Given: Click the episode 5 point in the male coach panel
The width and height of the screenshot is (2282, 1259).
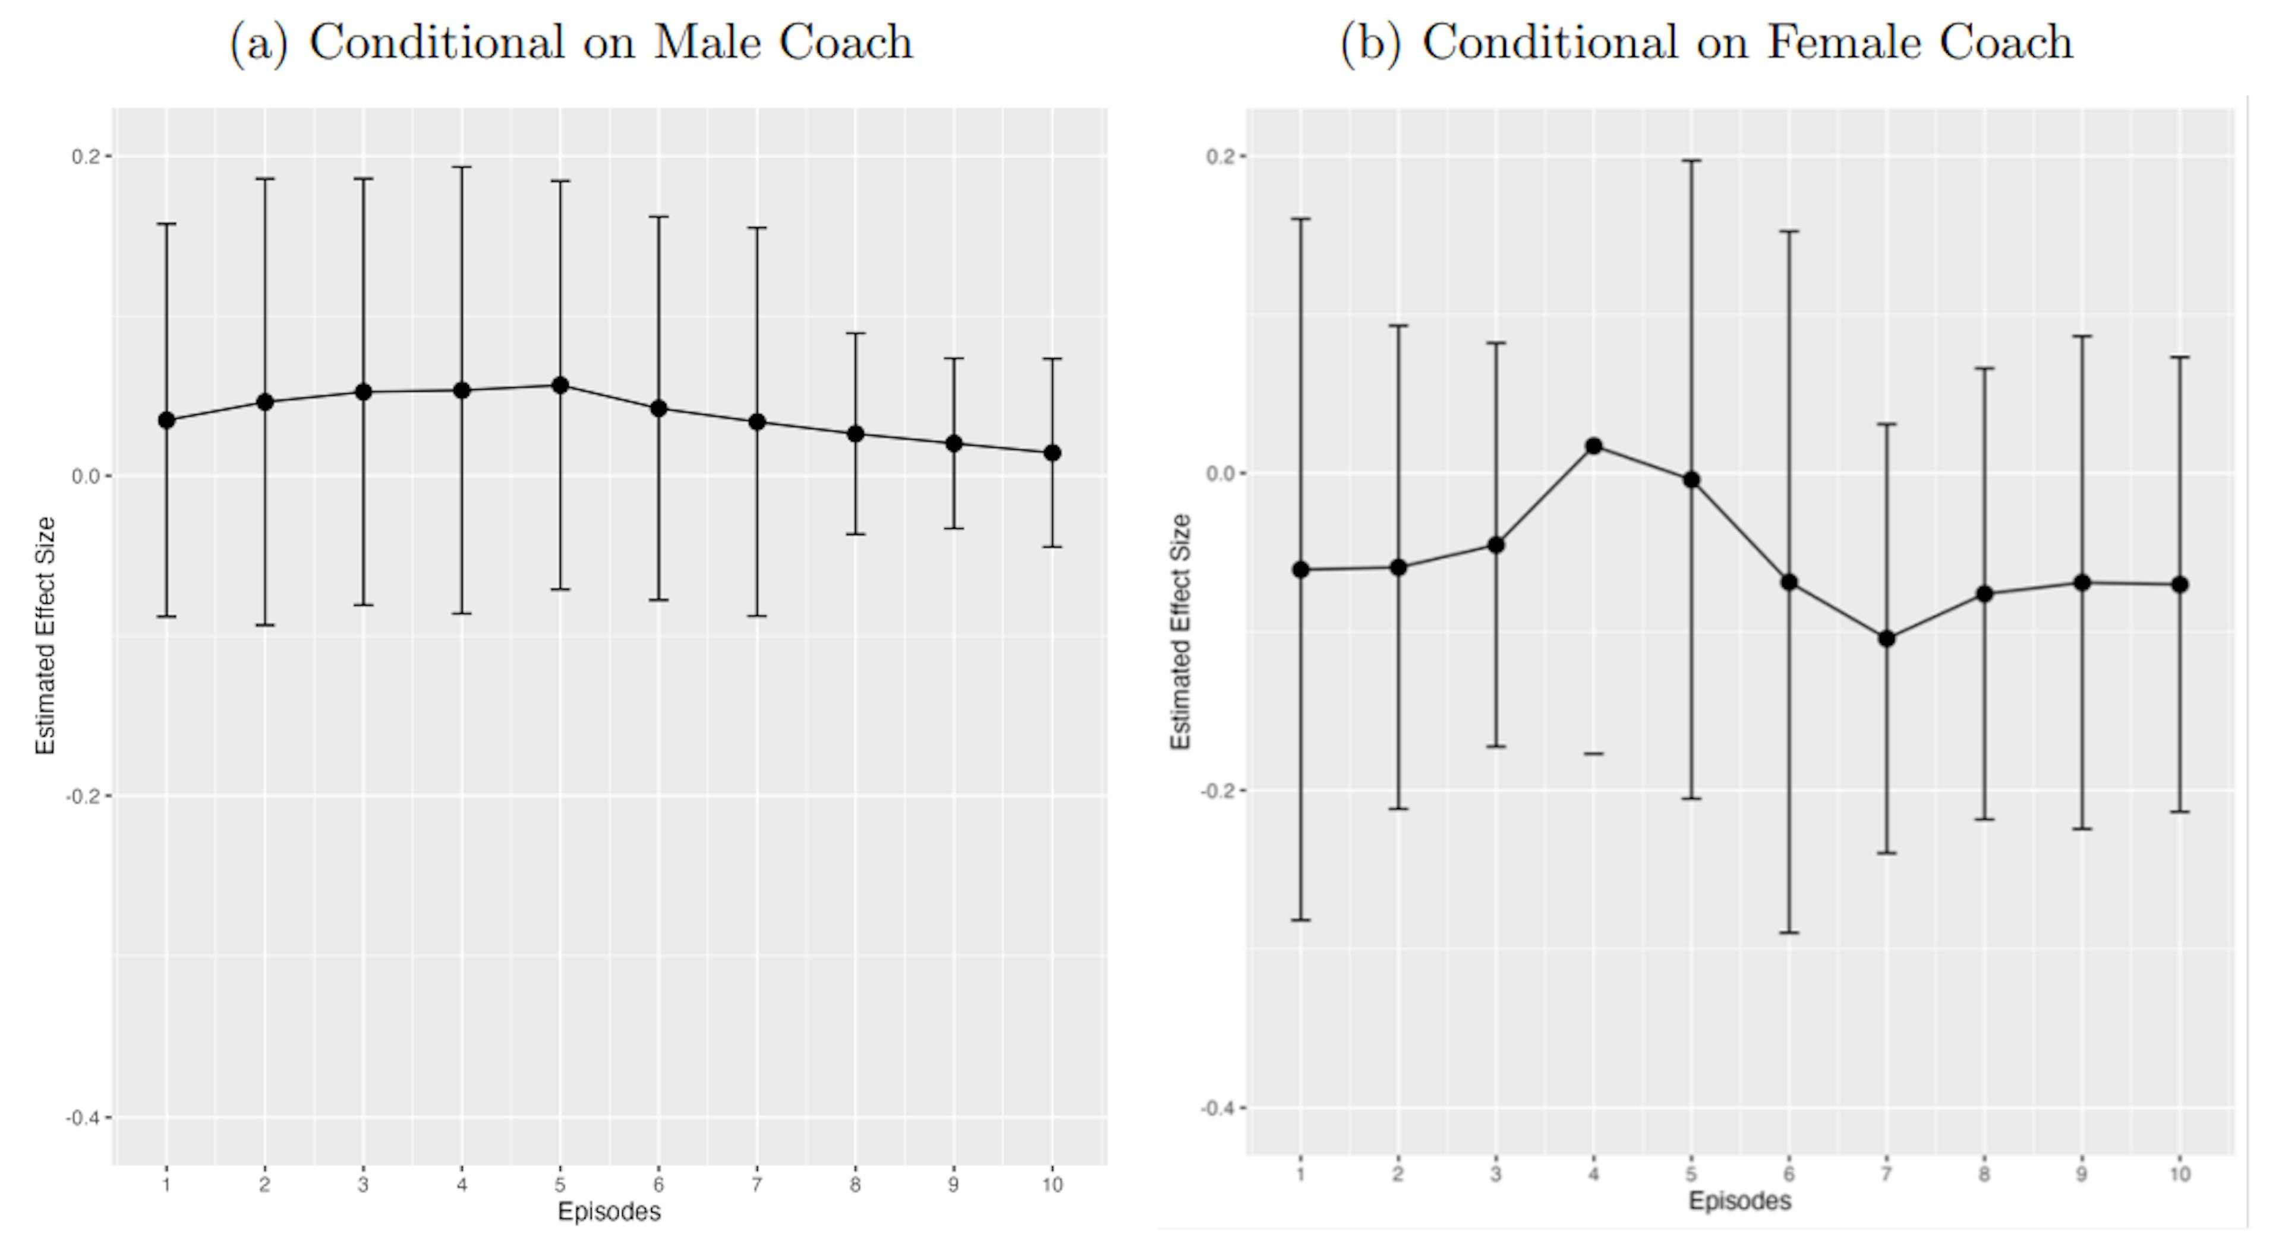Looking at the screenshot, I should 560,386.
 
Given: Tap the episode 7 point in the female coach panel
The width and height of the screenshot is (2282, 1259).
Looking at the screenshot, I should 1887,638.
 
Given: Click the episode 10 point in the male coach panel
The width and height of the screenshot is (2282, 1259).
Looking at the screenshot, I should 1051,453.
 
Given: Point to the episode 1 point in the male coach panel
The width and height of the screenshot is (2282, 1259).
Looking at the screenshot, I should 166,420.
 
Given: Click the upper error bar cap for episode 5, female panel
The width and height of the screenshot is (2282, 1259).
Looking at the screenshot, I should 1691,160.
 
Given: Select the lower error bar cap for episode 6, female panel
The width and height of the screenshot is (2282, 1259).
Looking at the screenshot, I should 1789,932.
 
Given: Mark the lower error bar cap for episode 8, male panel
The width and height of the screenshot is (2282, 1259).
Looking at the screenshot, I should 855,534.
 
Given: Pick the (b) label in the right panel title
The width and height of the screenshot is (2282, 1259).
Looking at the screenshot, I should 1370,43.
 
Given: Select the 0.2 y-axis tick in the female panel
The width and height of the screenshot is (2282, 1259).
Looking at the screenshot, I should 1221,156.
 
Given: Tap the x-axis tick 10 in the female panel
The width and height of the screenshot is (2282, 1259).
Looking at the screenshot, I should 2179,1175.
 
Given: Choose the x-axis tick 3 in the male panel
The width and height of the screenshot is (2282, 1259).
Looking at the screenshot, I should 363,1185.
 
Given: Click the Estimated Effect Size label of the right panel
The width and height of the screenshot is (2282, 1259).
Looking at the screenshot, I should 1180,631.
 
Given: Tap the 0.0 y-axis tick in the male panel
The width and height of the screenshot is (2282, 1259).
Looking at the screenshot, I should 84,477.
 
